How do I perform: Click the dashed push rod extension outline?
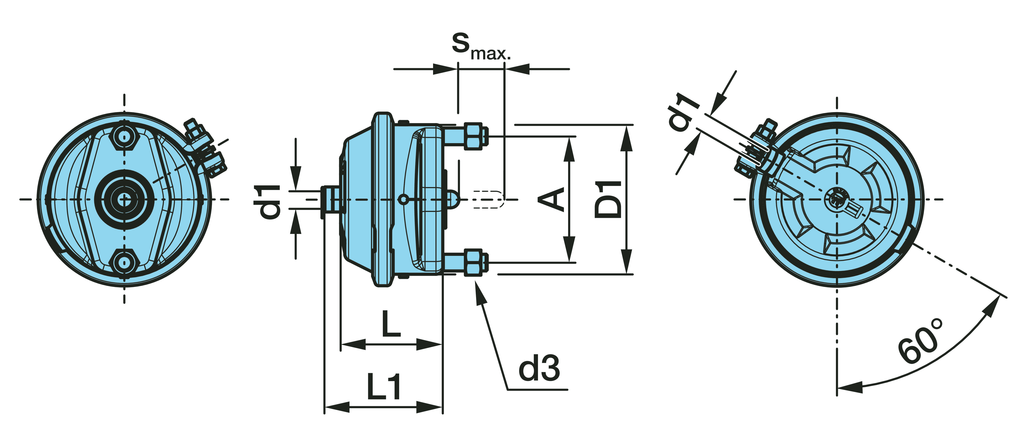tap(488, 199)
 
